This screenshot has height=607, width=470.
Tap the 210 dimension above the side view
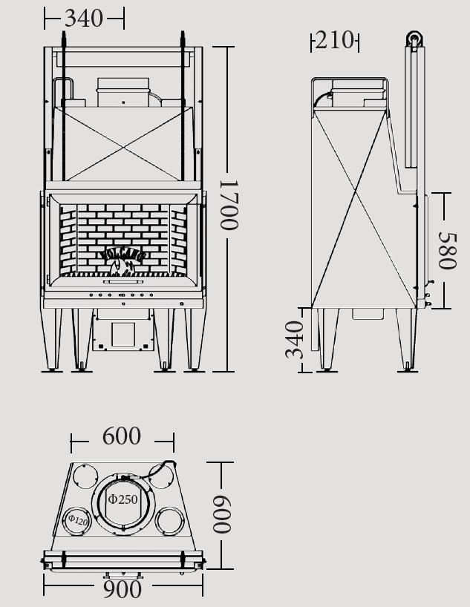point(334,41)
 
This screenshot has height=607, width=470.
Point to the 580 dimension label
point(447,250)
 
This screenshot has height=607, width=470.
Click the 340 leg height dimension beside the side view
point(296,339)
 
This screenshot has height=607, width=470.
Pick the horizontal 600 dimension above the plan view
point(122,436)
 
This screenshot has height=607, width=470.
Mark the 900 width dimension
point(123,589)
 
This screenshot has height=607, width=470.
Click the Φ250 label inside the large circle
point(123,499)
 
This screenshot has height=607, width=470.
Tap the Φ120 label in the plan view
point(77,520)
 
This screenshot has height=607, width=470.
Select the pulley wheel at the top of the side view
point(414,39)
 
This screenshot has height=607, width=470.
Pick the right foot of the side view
point(408,365)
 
